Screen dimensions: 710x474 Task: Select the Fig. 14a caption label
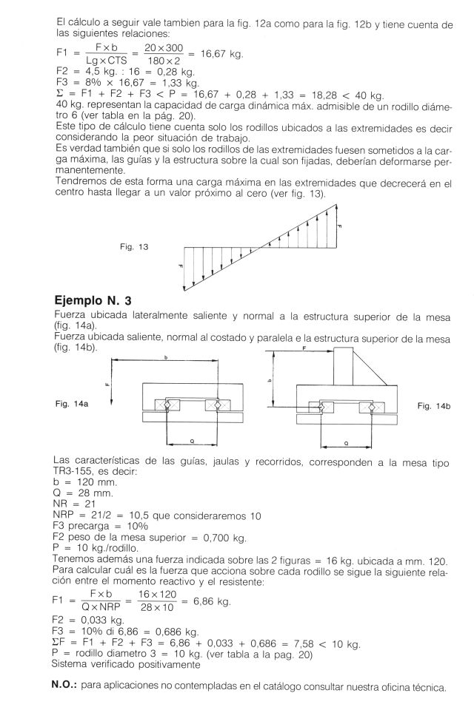(x=70, y=404)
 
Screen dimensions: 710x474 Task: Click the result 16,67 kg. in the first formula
(x=222, y=55)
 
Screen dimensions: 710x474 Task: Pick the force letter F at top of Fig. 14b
(x=304, y=355)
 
